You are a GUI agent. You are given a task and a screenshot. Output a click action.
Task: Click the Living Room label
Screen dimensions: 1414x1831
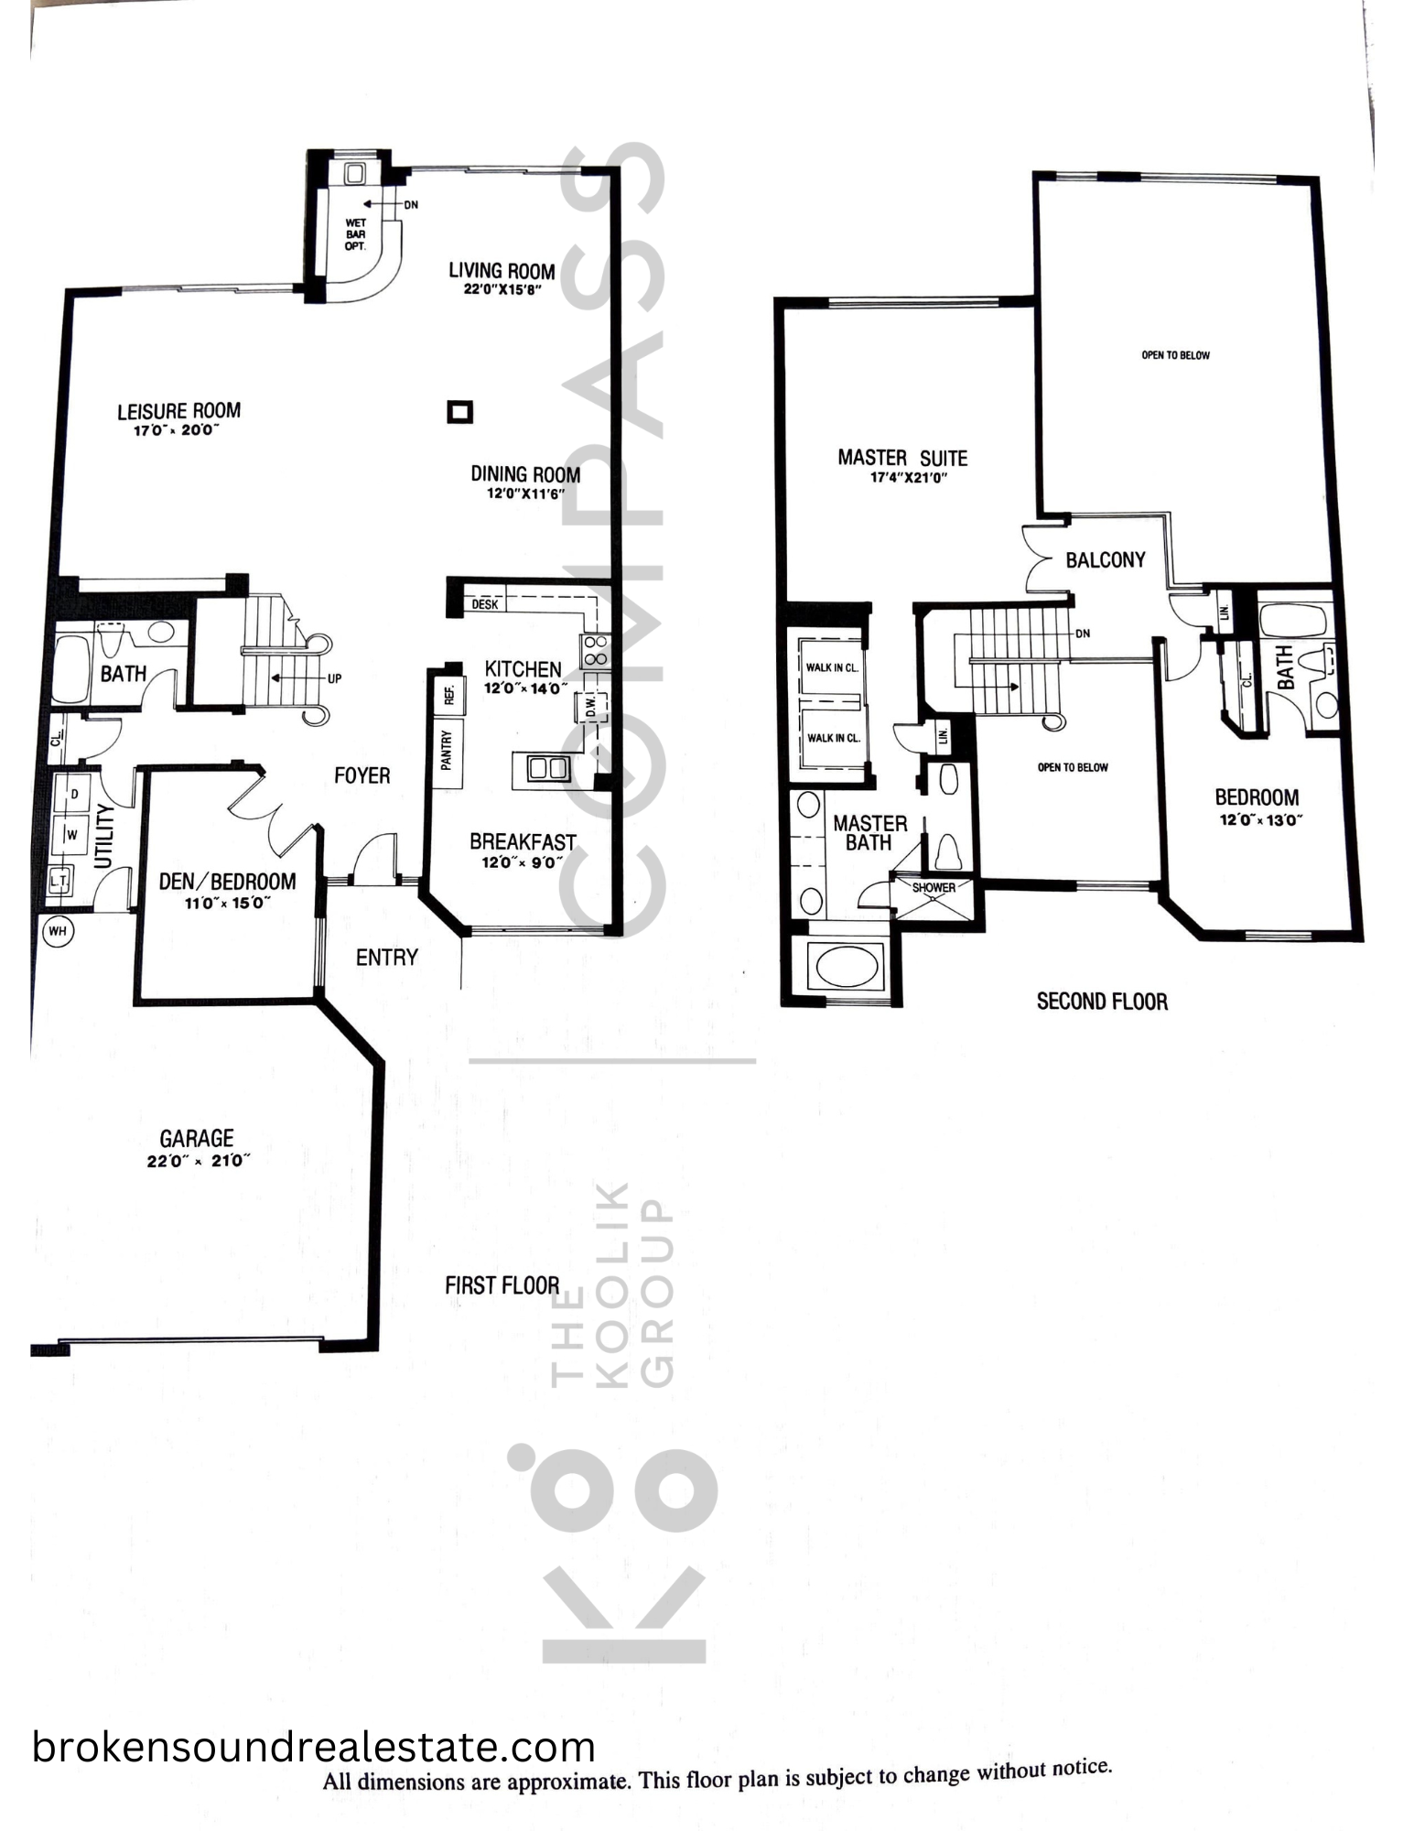click(502, 271)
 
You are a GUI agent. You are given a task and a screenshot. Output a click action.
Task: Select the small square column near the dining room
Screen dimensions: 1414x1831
click(459, 412)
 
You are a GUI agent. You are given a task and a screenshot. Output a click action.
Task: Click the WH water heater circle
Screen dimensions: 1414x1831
click(58, 932)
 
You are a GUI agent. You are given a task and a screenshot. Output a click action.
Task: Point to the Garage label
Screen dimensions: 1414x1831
click(197, 1138)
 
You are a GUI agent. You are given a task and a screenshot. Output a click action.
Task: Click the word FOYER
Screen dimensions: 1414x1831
click(362, 775)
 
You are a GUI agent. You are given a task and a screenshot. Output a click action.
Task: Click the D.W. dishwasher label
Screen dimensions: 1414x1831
click(590, 706)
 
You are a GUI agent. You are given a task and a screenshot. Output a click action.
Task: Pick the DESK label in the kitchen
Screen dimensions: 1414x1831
click(485, 604)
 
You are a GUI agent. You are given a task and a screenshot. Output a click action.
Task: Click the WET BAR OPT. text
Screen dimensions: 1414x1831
click(355, 234)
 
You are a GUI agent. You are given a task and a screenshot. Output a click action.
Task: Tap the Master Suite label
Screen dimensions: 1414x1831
click(902, 457)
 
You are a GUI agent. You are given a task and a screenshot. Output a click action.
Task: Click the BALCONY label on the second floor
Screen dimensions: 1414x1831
click(1106, 559)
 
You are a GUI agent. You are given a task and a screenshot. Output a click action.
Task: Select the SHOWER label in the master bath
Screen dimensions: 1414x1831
click(934, 887)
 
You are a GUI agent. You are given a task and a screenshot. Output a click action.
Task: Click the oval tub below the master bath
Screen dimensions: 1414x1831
click(847, 967)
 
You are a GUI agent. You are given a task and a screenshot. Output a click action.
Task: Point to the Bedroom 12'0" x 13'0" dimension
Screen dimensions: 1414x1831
click(1260, 819)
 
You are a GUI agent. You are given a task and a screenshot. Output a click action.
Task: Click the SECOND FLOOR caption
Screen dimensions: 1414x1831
click(1102, 1002)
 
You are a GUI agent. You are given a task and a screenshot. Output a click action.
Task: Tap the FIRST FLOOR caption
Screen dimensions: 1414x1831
click(502, 1285)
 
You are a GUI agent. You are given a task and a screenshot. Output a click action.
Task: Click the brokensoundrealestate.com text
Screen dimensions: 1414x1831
click(314, 1747)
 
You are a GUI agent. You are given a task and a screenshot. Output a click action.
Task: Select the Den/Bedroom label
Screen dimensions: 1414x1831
click(228, 881)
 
